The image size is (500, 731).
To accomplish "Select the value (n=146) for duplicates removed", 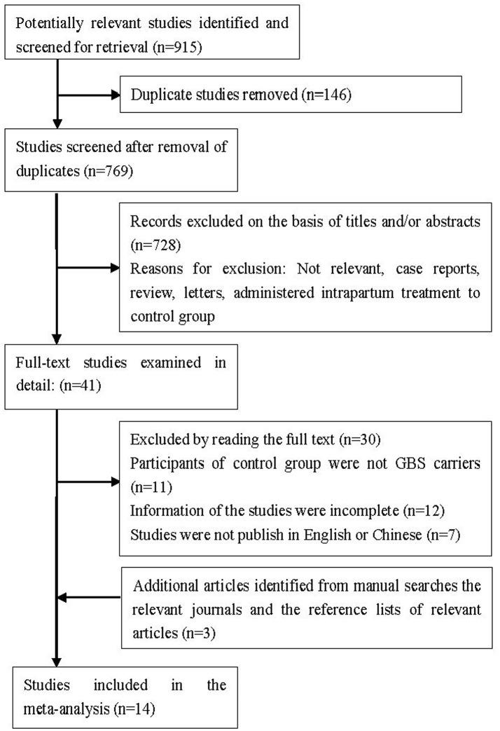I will pos(326,92).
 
